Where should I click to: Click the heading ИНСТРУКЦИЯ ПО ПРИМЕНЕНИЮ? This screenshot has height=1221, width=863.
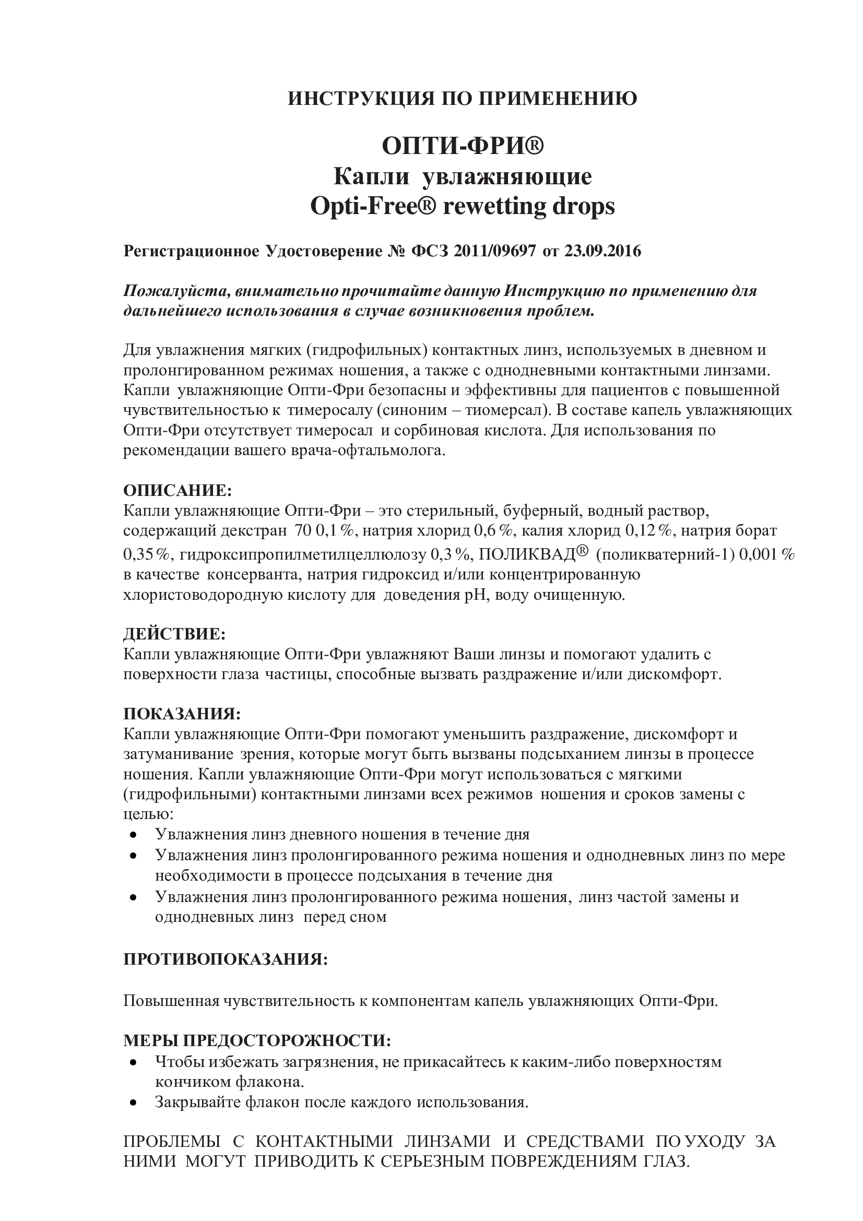(x=462, y=99)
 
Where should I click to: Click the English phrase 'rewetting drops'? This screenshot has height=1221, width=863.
(x=528, y=206)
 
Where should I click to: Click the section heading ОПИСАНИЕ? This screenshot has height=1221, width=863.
(x=178, y=489)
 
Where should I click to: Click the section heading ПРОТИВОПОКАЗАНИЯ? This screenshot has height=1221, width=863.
(x=226, y=959)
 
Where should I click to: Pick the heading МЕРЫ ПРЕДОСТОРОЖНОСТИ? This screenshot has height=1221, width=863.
(x=257, y=1040)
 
